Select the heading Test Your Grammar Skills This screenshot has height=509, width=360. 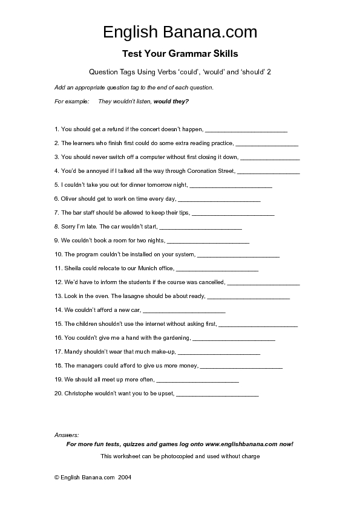coord(180,53)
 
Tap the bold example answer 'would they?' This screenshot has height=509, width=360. coord(171,102)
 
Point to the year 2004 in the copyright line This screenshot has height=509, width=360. coord(125,477)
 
